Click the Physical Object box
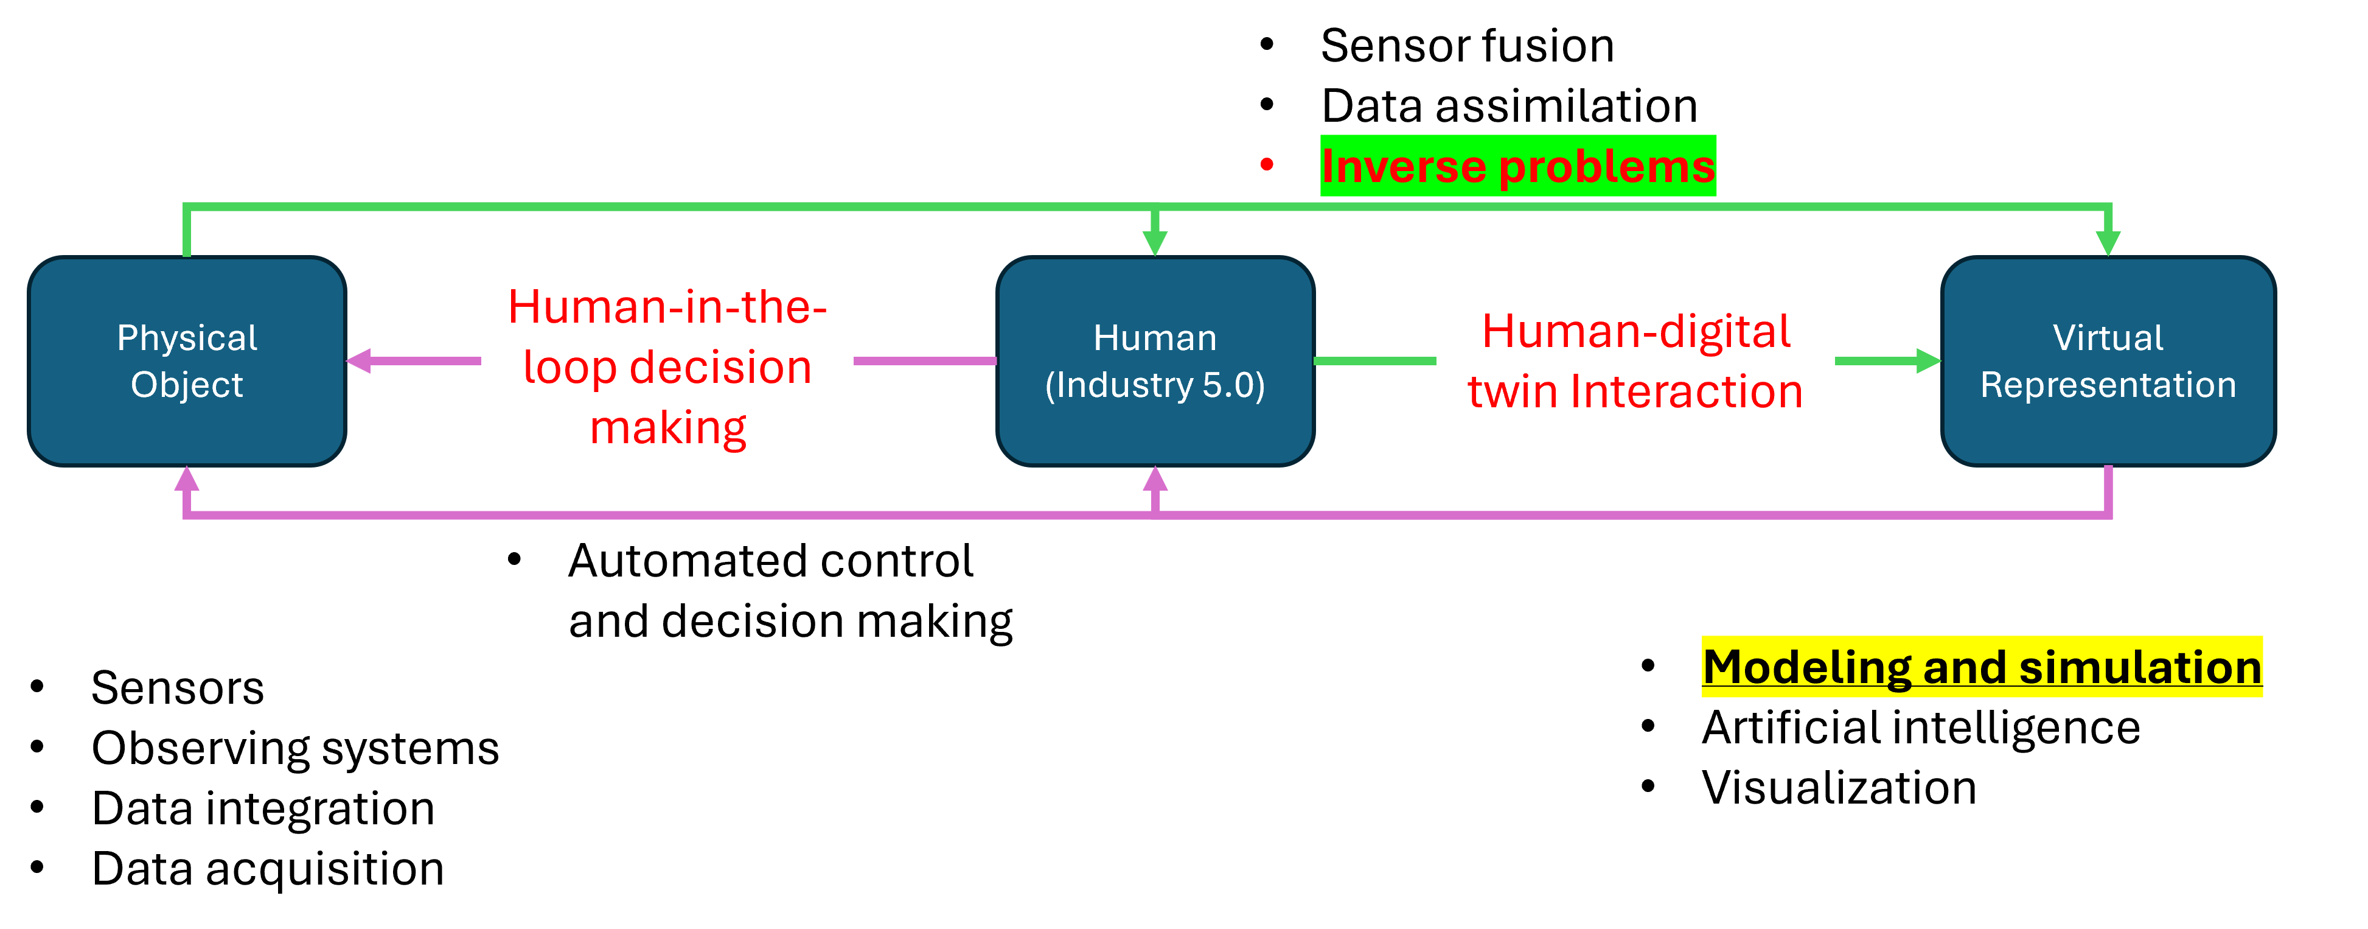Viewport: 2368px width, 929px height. click(187, 360)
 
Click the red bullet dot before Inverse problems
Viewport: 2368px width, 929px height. click(1267, 164)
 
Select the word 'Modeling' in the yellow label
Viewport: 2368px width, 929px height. click(1806, 667)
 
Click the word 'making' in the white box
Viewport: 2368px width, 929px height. click(668, 428)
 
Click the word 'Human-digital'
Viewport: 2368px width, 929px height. click(1636, 331)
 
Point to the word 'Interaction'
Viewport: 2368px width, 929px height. click(1686, 392)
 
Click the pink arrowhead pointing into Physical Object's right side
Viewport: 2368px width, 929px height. click(358, 360)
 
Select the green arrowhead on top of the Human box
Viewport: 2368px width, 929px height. click(1155, 243)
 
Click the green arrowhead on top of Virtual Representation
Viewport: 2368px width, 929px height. click(2107, 243)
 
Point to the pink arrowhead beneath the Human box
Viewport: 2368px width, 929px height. click(1155, 479)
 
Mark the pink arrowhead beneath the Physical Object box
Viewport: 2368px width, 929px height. click(187, 479)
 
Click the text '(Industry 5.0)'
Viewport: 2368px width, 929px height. click(1155, 385)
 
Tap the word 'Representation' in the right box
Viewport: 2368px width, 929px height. click(2107, 385)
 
